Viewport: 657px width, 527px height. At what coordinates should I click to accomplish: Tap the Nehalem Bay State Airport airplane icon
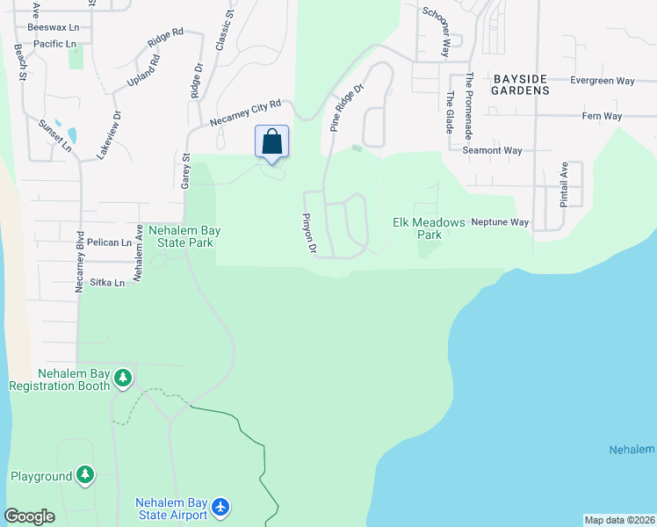[x=220, y=507]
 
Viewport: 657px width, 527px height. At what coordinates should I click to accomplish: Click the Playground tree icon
[x=84, y=476]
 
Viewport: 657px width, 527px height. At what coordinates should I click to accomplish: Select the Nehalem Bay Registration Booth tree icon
[x=123, y=378]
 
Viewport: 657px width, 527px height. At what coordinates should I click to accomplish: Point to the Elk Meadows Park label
[x=429, y=228]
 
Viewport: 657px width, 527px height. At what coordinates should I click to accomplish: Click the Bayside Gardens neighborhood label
[x=520, y=83]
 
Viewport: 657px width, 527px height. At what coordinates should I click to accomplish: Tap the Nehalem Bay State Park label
[x=184, y=236]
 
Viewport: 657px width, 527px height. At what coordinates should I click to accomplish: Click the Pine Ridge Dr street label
[x=347, y=108]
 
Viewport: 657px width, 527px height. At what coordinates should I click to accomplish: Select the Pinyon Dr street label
[x=309, y=233]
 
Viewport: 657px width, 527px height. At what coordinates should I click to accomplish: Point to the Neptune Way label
[x=500, y=222]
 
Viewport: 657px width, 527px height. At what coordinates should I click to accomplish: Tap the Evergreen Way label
[x=602, y=81]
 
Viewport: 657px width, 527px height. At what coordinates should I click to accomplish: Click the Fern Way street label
[x=602, y=116]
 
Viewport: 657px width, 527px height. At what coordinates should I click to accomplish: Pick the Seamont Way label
[x=492, y=150]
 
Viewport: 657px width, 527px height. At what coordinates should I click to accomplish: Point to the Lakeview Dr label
[x=115, y=131]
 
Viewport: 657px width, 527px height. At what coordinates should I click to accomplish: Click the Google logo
[x=29, y=516]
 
